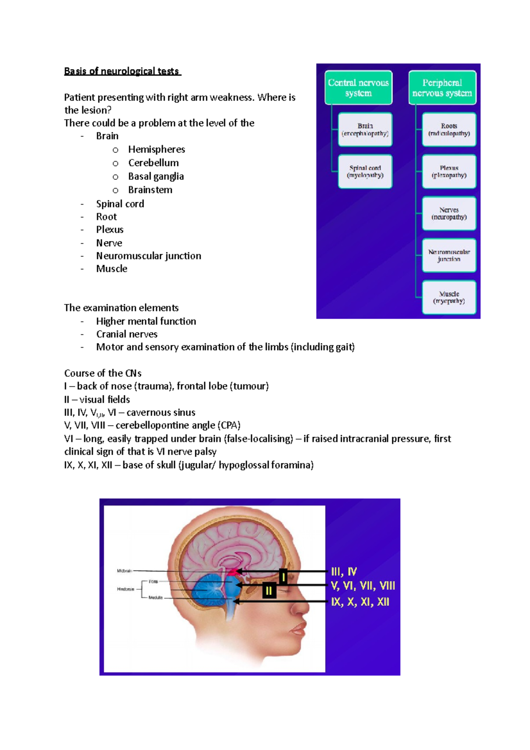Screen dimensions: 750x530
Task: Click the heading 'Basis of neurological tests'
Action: click(x=122, y=71)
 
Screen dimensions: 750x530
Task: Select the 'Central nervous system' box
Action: click(x=358, y=88)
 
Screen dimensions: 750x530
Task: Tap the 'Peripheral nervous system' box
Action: click(x=442, y=88)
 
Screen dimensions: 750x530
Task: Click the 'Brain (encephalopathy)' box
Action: click(x=365, y=129)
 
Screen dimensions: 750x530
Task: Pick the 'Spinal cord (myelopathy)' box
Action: click(x=365, y=171)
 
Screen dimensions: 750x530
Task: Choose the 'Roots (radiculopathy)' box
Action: click(x=449, y=129)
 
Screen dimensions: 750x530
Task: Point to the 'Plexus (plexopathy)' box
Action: click(x=449, y=171)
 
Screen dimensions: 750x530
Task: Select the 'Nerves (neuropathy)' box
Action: click(x=449, y=213)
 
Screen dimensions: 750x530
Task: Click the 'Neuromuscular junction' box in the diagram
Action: click(x=449, y=255)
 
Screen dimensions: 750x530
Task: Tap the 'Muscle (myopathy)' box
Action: click(x=449, y=297)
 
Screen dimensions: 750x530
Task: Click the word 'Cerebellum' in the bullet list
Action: click(x=153, y=163)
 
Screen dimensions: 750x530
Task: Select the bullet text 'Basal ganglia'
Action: click(x=156, y=177)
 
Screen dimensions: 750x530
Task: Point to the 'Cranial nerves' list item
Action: click(x=127, y=334)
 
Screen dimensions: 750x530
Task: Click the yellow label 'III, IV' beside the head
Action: click(x=344, y=572)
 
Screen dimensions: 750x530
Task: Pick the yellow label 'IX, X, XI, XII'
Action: click(x=360, y=602)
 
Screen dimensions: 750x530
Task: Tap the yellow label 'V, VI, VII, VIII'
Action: click(x=363, y=586)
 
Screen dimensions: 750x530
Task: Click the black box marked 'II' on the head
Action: click(x=269, y=591)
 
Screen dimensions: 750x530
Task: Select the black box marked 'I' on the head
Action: click(x=284, y=576)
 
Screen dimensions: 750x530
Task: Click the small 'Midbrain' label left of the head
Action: click(x=124, y=571)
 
